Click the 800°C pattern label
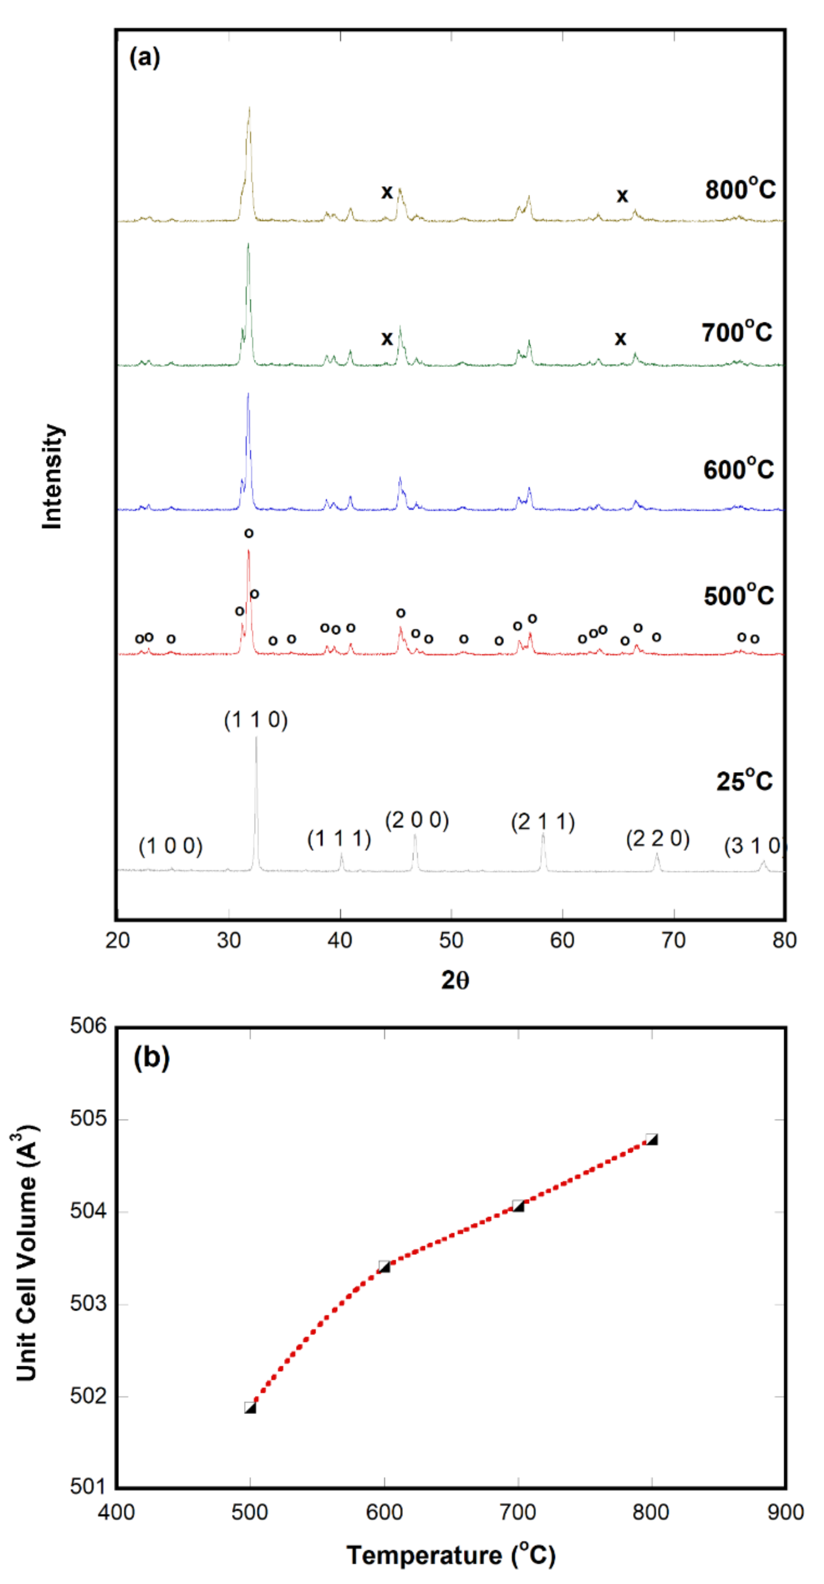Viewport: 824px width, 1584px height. point(740,189)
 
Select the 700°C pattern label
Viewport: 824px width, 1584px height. point(736,332)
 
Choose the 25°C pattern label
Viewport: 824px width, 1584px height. point(743,781)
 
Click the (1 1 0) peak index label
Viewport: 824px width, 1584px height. point(256,720)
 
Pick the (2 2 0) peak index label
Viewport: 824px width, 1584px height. point(657,838)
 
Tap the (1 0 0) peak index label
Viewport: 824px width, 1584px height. point(170,846)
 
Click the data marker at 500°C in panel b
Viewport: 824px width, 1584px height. point(250,1407)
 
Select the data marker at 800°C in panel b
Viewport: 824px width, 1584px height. point(652,1139)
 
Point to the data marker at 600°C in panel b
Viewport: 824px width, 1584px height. point(384,1267)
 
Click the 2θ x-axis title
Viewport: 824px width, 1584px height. point(455,980)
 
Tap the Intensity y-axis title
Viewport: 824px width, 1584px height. point(52,477)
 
